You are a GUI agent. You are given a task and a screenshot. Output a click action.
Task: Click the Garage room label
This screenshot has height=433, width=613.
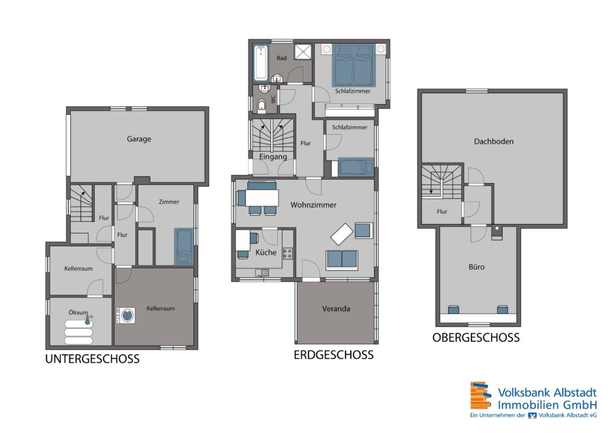[139, 139]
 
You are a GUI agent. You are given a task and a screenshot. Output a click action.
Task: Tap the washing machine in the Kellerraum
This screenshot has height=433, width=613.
[126, 315]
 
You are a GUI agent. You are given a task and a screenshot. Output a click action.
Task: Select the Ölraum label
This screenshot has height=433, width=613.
[78, 312]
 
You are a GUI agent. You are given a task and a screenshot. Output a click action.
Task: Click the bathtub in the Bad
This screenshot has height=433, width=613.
[261, 63]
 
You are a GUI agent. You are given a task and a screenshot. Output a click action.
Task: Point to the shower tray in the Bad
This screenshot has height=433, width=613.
[303, 52]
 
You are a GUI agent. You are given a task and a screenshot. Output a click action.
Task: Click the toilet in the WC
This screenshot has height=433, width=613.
[262, 106]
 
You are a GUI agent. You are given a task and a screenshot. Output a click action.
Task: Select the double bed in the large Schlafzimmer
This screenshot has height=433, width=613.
[353, 65]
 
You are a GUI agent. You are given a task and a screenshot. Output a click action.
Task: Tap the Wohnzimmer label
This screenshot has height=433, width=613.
[313, 205]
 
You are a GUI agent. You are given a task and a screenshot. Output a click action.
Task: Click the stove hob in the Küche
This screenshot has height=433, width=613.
[287, 253]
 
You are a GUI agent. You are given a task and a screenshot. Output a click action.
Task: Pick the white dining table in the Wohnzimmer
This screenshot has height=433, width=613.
[262, 197]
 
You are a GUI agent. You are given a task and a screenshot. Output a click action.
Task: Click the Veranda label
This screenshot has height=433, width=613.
[336, 308]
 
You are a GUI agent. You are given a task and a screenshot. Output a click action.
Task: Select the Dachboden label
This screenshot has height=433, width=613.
[494, 142]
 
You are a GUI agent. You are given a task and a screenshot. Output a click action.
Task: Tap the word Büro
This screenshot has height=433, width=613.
[477, 267]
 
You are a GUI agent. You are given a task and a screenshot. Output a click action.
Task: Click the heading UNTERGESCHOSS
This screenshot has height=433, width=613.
[92, 359]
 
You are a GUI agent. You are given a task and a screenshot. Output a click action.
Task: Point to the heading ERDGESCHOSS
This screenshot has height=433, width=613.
[334, 355]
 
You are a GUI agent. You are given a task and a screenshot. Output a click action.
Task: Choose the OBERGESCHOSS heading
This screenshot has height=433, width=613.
[476, 338]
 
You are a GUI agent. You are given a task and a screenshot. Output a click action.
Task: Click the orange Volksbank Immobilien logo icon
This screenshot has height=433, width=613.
[481, 395]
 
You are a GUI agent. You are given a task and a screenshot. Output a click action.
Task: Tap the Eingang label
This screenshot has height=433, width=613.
[273, 157]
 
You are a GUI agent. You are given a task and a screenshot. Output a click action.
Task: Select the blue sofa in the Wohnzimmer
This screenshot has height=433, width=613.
[342, 260]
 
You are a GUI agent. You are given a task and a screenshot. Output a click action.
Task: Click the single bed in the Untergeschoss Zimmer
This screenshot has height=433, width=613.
[184, 246]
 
